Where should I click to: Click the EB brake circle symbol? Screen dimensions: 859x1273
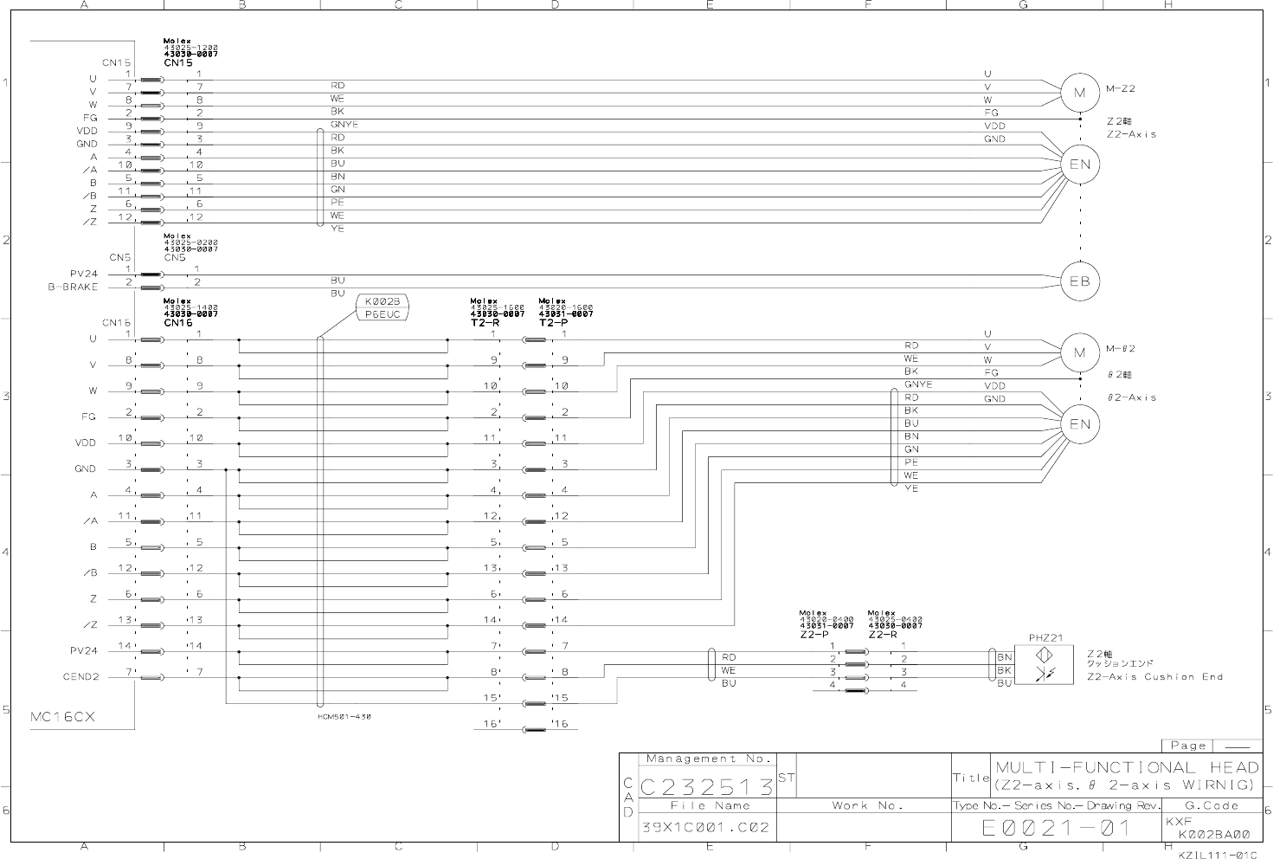pos(1079,281)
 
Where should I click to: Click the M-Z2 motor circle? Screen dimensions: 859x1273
pos(1079,93)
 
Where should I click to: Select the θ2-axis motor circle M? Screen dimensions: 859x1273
pos(1079,352)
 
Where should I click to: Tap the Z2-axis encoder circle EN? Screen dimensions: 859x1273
pos(1079,165)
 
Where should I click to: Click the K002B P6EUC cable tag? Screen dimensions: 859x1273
pos(382,307)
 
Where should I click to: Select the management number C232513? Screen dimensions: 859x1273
pos(707,787)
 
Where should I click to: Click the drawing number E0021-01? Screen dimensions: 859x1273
pos(1056,828)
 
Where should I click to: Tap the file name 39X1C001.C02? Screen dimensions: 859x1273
pos(704,827)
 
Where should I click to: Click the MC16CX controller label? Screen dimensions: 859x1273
pos(62,717)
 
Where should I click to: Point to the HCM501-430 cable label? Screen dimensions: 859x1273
pos(344,717)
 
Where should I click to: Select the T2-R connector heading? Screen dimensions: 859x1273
pos(485,322)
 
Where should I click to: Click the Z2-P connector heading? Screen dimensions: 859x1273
pos(814,634)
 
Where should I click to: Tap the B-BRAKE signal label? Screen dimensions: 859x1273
pos(73,287)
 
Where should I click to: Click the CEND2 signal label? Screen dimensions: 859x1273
pos(80,676)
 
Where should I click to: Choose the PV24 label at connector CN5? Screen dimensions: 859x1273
pos(84,274)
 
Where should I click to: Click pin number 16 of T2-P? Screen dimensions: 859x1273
pos(561,724)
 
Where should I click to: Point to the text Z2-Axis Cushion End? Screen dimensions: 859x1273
pos(1154,677)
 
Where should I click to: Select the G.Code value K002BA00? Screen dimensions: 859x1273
pos(1213,835)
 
